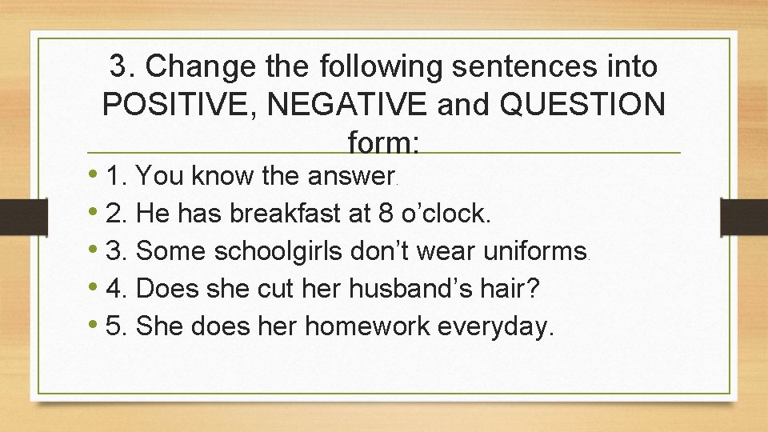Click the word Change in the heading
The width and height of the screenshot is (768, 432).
204,67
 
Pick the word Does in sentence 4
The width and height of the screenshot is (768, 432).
173,288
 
